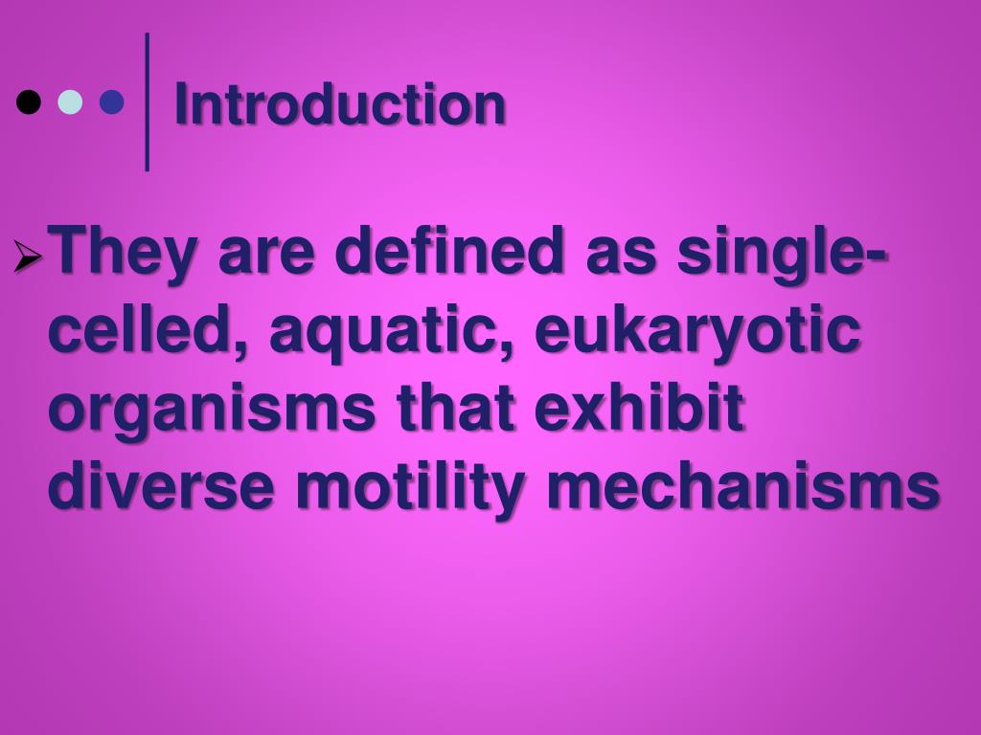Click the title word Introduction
(339, 104)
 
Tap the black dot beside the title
(29, 101)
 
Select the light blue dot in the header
(70, 101)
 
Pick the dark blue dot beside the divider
(112, 101)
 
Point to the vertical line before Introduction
(147, 101)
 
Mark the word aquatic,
(393, 334)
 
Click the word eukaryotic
(697, 334)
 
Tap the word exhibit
(639, 410)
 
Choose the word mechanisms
(742, 488)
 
